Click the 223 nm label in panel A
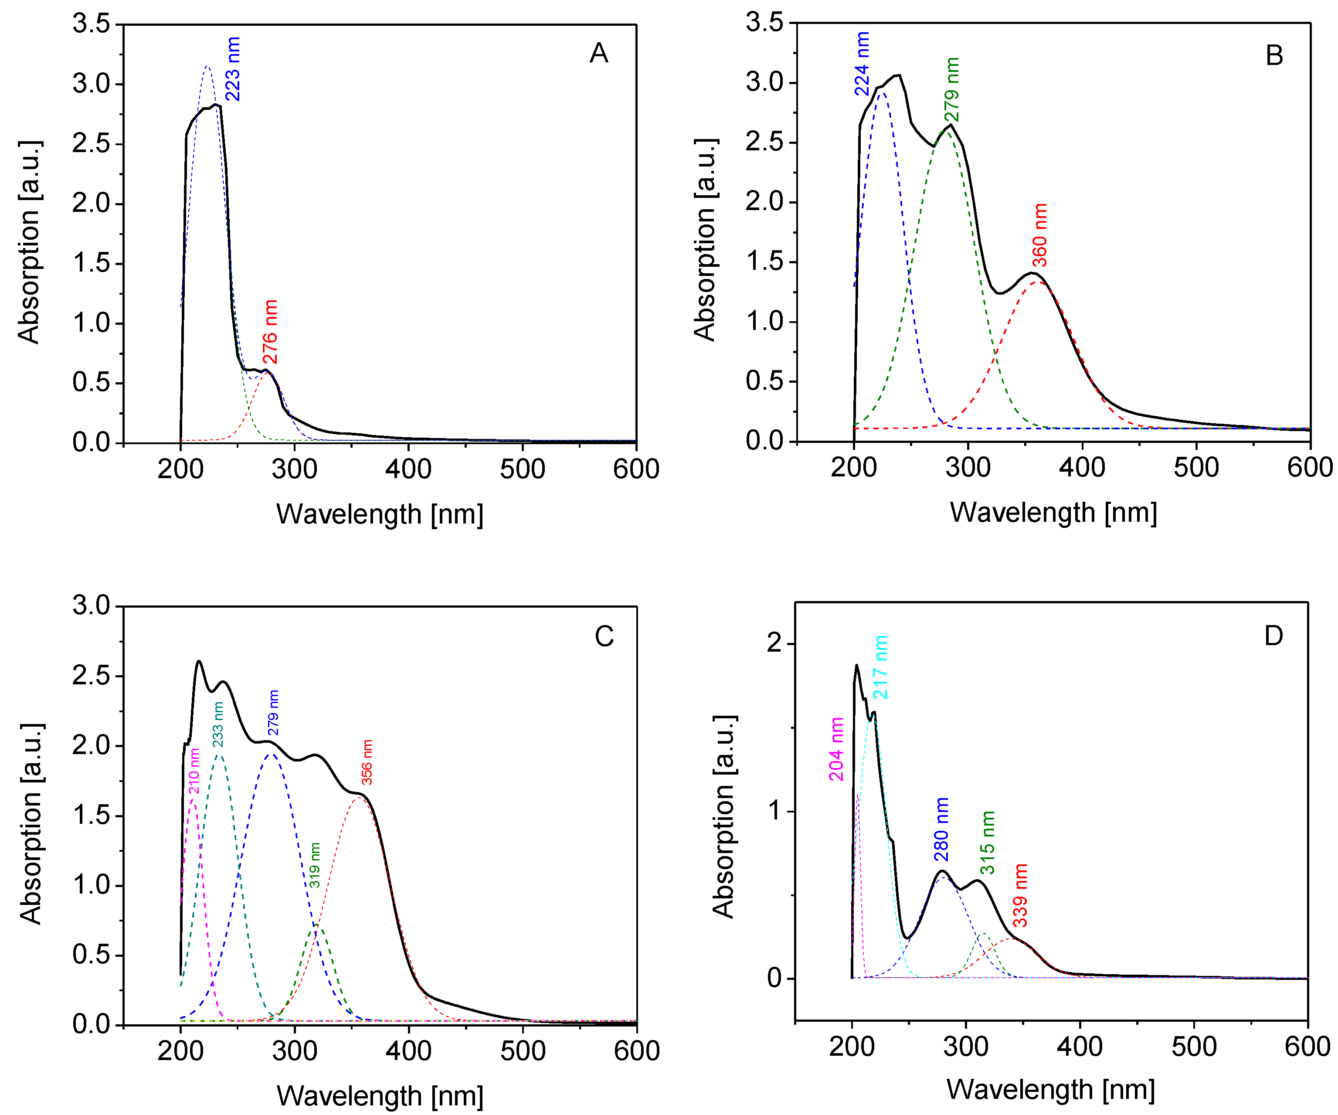click(x=233, y=69)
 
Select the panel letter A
click(x=598, y=54)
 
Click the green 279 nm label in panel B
click(x=952, y=89)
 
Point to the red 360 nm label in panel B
click(x=1040, y=235)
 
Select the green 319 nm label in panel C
click(x=315, y=865)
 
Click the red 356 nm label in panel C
click(x=367, y=761)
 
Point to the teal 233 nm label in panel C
click(x=218, y=724)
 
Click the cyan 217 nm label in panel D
click(x=880, y=666)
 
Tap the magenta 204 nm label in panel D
click(x=836, y=749)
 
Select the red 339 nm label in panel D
click(x=1021, y=895)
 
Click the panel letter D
click(x=1273, y=636)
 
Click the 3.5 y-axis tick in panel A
click(x=91, y=24)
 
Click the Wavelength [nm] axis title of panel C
click(x=380, y=1095)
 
